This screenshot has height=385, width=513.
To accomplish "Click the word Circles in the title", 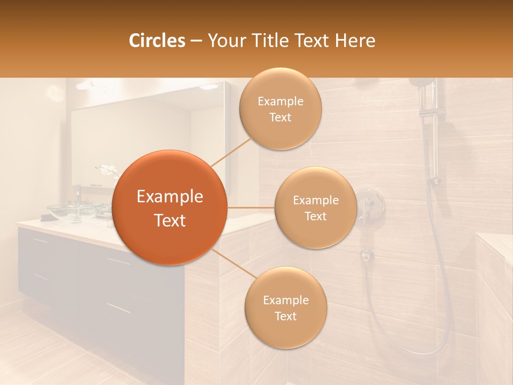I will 157,41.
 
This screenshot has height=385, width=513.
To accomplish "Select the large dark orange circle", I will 169,207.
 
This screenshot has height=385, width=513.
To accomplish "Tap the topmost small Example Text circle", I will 280,109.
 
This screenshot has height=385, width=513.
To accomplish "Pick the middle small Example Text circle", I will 315,207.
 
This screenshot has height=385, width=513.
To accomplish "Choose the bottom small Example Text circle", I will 285,308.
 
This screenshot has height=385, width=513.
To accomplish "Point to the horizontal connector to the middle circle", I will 251,207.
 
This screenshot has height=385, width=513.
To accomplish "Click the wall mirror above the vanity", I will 134,139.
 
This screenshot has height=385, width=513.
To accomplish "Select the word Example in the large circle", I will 169,197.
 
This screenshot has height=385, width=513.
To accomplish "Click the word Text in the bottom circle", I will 285,316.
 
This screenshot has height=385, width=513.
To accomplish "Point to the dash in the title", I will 196,41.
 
